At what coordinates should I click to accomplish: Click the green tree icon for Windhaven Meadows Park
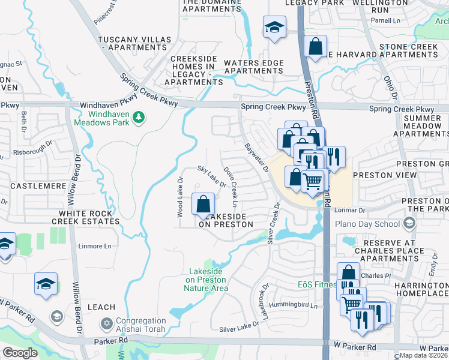pyautogui.click(x=139, y=116)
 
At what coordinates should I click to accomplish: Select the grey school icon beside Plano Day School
pyautogui.click(x=409, y=224)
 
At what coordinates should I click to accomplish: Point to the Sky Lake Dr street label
pyautogui.click(x=212, y=176)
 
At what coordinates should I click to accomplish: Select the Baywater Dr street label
pyautogui.click(x=256, y=157)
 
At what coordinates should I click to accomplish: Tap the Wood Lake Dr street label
pyautogui.click(x=179, y=197)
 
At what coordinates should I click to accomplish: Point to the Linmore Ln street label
pyautogui.click(x=95, y=246)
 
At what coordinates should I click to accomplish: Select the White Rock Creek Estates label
pyautogui.click(x=85, y=217)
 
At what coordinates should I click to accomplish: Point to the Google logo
pyautogui.click(x=20, y=352)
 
